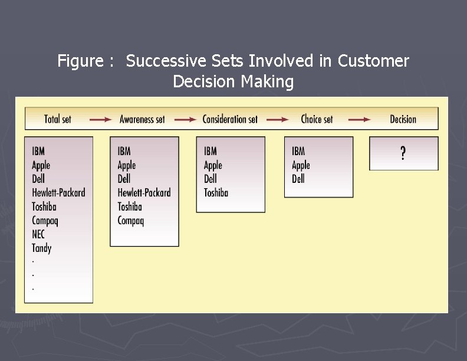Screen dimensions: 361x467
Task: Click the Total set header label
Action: click(58, 119)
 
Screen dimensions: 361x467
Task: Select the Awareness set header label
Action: click(142, 119)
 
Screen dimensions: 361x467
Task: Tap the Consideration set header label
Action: click(230, 119)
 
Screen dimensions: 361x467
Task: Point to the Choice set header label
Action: click(317, 119)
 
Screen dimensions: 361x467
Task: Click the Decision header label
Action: click(403, 119)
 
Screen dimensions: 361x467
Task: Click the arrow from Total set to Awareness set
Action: click(100, 119)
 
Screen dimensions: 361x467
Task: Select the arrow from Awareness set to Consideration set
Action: click(185, 119)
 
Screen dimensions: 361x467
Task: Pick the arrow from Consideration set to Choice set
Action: click(277, 119)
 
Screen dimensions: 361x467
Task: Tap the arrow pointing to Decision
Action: click(359, 119)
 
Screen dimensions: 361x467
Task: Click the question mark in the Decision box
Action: click(403, 153)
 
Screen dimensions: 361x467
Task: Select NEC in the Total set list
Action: click(38, 234)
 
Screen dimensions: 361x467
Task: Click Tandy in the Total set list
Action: click(42, 248)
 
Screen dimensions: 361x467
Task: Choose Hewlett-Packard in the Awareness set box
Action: click(144, 193)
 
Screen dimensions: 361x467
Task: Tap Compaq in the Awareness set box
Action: click(131, 221)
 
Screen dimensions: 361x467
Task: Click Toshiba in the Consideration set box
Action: click(216, 193)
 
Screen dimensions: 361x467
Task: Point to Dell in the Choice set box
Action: click(298, 179)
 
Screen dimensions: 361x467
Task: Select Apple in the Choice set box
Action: click(301, 165)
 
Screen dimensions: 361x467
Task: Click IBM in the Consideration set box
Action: click(211, 152)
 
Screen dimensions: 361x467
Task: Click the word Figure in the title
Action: click(78, 61)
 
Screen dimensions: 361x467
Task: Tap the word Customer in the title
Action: click(373, 61)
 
